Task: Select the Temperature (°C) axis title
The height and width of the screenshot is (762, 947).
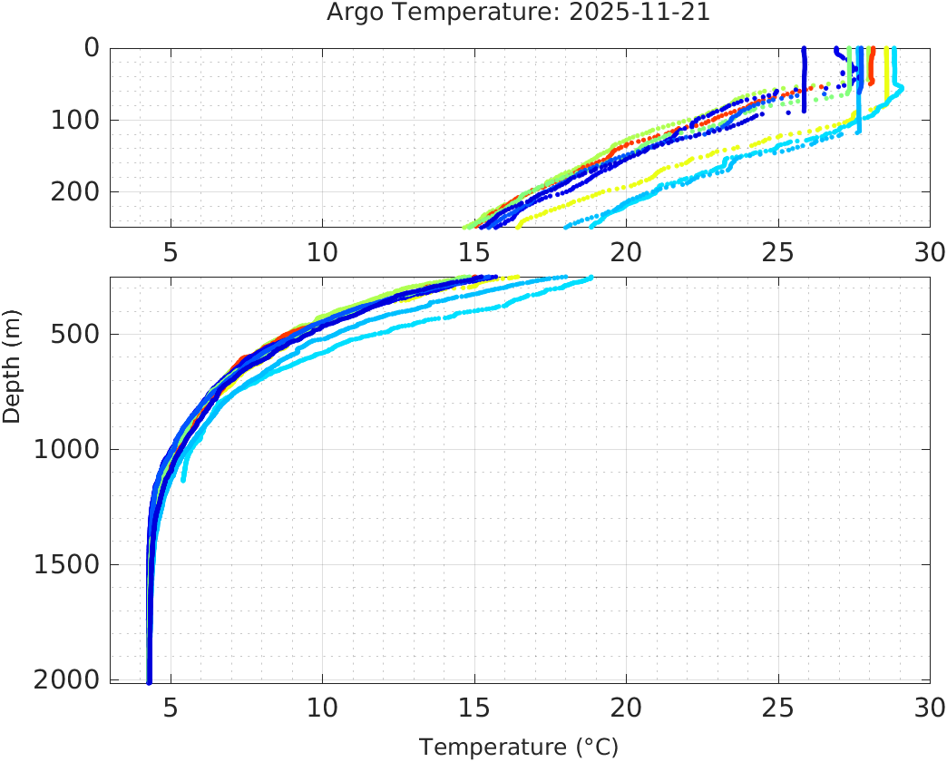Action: point(518,747)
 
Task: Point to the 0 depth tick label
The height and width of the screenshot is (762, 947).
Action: point(92,48)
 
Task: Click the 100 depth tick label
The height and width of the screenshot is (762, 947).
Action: point(75,120)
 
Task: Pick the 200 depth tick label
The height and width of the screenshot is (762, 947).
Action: point(75,191)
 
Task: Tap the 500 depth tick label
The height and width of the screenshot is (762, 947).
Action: point(75,334)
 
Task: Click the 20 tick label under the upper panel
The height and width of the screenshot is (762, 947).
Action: point(626,251)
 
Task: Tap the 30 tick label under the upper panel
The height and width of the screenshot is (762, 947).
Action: point(929,251)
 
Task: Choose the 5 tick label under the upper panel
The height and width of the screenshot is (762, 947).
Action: point(171,251)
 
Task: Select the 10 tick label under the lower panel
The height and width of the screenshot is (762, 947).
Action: point(322,707)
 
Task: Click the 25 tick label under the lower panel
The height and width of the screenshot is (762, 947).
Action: point(777,707)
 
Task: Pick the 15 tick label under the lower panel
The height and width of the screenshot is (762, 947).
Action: point(473,707)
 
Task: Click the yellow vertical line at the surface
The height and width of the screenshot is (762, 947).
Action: point(886,73)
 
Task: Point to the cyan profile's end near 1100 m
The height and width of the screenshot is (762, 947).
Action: point(184,477)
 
